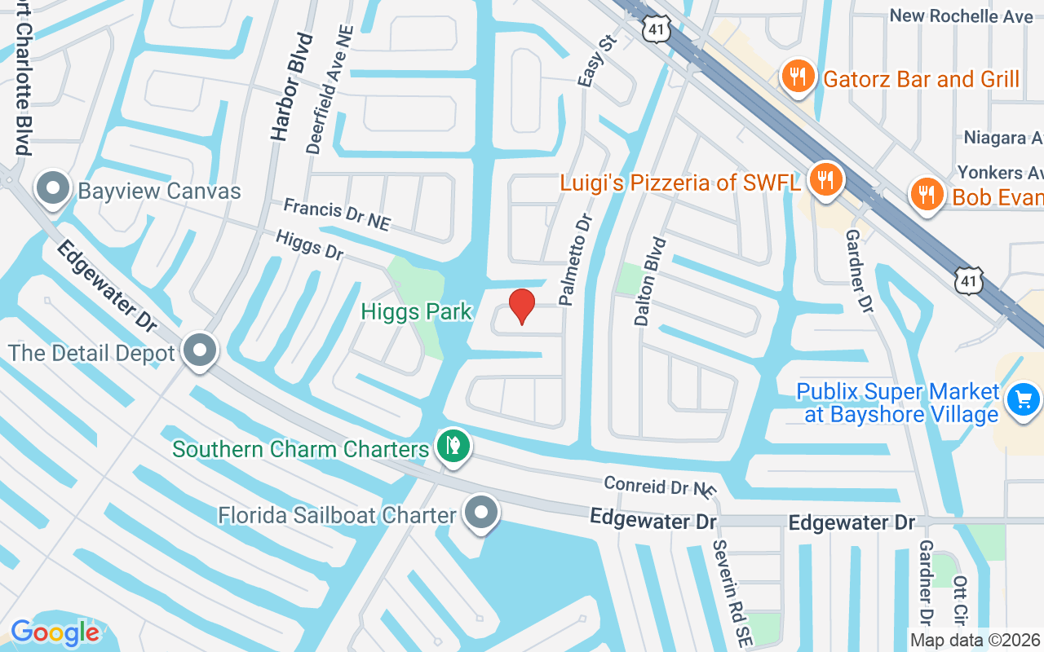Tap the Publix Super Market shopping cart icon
pos(1023,400)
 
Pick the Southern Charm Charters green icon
pos(453,446)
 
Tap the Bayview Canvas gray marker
pos(53,189)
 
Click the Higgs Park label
pos(418,311)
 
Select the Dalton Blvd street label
pos(648,281)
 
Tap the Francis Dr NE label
pos(337,214)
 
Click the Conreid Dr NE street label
pos(660,487)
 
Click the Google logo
pos(55,632)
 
